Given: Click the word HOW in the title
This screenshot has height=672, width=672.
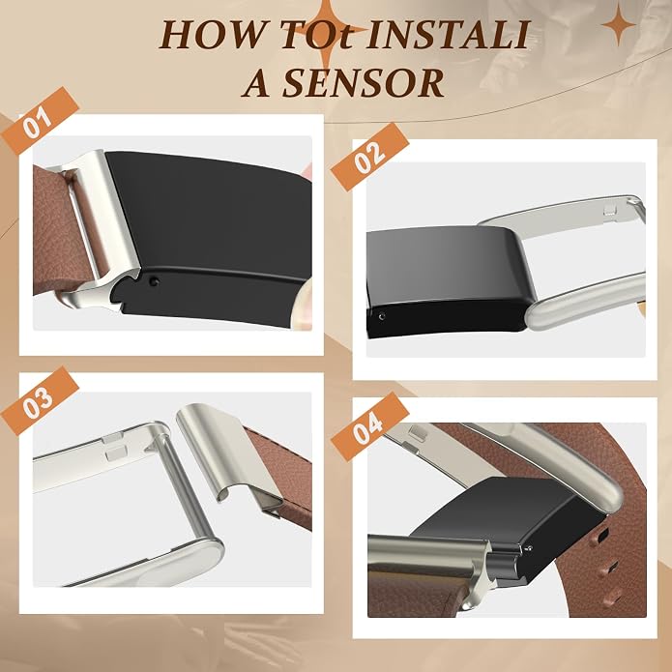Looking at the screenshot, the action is click(212, 34).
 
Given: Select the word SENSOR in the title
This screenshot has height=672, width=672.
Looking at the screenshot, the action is click(363, 83).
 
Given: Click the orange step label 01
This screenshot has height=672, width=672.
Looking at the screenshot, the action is click(40, 121).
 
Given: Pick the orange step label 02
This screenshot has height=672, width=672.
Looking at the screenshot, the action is click(370, 157).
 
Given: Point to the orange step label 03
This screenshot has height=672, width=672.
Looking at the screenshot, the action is click(40, 400).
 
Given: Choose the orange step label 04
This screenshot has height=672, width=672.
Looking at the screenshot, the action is click(370, 426).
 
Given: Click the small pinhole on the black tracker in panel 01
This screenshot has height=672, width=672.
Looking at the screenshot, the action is click(155, 281).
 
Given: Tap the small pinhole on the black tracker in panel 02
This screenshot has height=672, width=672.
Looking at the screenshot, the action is click(381, 316).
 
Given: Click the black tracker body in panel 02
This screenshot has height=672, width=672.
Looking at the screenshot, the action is click(446, 280).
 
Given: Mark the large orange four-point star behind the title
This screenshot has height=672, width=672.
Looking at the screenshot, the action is click(328, 31).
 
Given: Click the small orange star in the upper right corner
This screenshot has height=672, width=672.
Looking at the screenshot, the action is click(618, 24).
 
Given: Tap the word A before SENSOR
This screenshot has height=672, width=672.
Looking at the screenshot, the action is click(258, 83).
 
